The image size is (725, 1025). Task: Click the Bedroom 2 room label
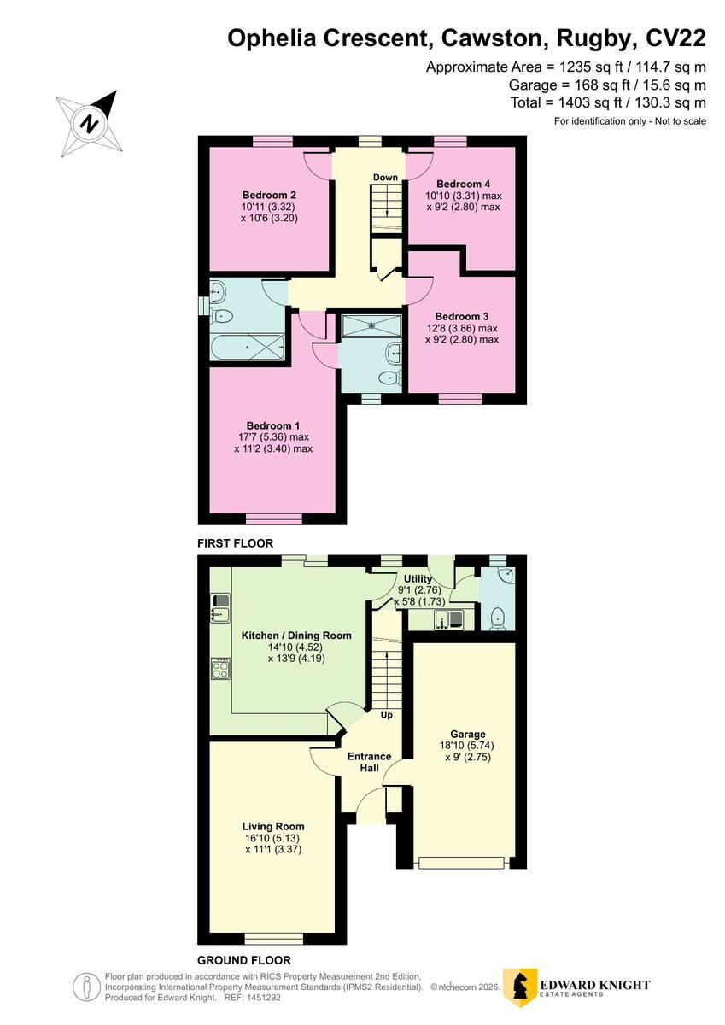click(269, 195)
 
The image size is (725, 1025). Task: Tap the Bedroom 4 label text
click(464, 184)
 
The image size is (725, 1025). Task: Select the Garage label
click(467, 734)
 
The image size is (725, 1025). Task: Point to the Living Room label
click(273, 827)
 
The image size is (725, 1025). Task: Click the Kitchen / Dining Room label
click(296, 635)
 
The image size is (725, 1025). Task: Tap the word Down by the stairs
click(386, 177)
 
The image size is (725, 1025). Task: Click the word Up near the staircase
click(387, 715)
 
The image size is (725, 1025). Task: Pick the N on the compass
click(89, 124)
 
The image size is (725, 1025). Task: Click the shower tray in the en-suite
click(371, 325)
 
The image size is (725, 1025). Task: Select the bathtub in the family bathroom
click(248, 348)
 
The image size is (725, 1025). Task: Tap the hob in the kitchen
click(220, 669)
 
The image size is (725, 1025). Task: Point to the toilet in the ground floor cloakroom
click(498, 619)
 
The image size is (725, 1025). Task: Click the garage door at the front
click(461, 863)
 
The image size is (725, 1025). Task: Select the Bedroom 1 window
click(274, 519)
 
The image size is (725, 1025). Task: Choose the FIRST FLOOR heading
click(235, 543)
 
